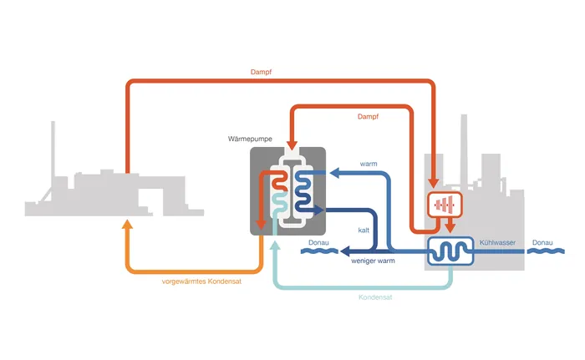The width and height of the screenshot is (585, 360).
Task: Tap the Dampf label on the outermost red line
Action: point(262,72)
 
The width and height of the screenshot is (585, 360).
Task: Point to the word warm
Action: point(369,164)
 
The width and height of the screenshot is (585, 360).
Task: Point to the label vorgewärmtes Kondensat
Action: point(201,281)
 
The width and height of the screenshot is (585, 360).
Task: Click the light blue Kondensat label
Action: point(376,297)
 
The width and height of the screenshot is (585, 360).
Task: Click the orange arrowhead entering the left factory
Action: point(127,223)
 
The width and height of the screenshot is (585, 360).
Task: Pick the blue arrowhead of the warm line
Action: point(332,174)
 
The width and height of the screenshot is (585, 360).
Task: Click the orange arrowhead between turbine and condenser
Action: point(450,226)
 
